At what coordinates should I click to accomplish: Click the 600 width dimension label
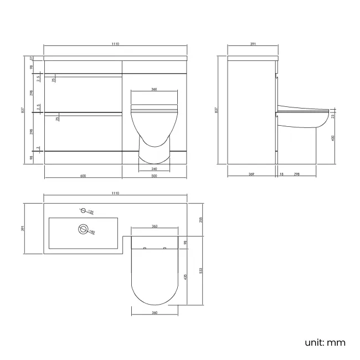[83, 176]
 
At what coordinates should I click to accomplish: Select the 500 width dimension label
[155, 176]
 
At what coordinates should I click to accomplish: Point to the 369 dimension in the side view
[251, 174]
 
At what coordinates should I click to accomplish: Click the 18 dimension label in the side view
[280, 174]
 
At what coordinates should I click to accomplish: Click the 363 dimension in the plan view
[155, 227]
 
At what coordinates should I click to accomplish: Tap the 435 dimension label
[186, 276]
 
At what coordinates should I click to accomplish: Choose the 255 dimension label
[201, 220]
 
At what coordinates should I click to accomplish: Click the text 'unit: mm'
[325, 342]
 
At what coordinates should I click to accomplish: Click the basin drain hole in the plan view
[84, 228]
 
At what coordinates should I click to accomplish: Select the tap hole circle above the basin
[83, 210]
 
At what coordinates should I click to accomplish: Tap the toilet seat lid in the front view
[155, 109]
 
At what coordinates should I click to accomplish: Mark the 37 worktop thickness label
[32, 58]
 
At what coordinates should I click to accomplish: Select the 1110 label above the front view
[115, 44]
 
